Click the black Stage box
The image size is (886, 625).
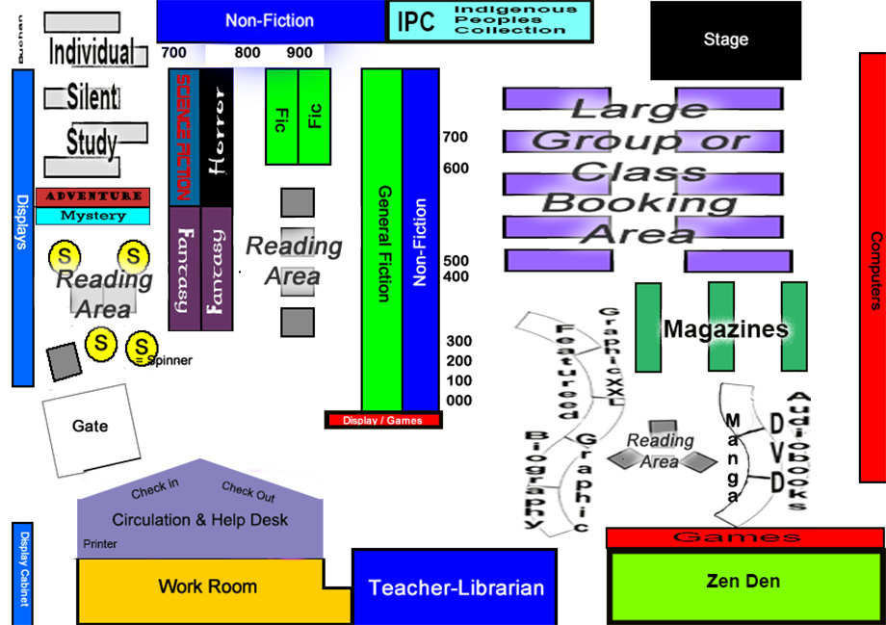coord(725,40)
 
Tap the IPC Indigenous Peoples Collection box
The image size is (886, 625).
coord(489,21)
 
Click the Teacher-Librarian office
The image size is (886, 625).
coord(456,586)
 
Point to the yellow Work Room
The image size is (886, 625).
coord(207,586)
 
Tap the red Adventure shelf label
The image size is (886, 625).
coord(93,196)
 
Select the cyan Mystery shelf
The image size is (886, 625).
coord(93,217)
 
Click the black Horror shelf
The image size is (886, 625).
coord(217,137)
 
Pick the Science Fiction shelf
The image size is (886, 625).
coord(184,137)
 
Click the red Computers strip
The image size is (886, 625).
coord(873,270)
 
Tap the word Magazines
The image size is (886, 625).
coord(725,329)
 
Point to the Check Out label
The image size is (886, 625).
coord(248,492)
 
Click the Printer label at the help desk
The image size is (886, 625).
coord(100,544)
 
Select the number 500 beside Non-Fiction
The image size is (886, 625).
coord(456,260)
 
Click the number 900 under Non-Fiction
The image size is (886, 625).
coord(300,53)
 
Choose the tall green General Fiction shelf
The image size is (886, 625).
coord(381,241)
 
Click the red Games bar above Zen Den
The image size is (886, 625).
coord(743,537)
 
